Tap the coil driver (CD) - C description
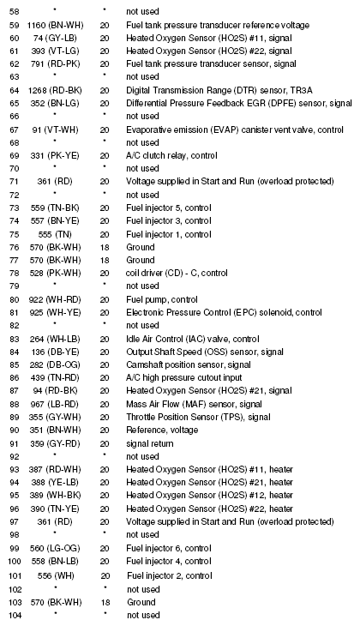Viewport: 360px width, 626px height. click(179, 274)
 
